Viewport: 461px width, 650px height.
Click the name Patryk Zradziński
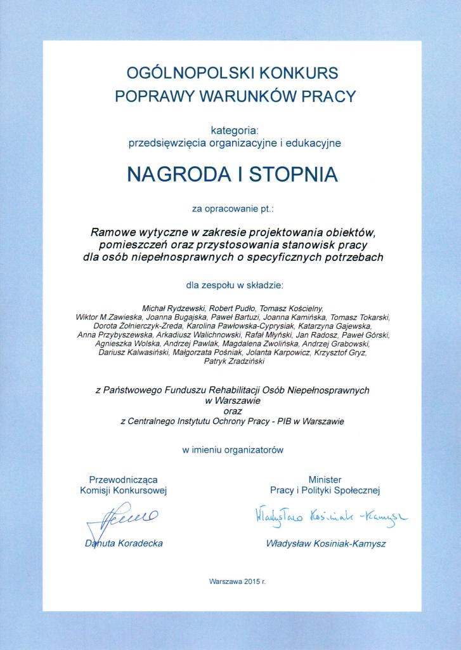[x=234, y=361]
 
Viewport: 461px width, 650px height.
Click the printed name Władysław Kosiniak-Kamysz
[x=327, y=544]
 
